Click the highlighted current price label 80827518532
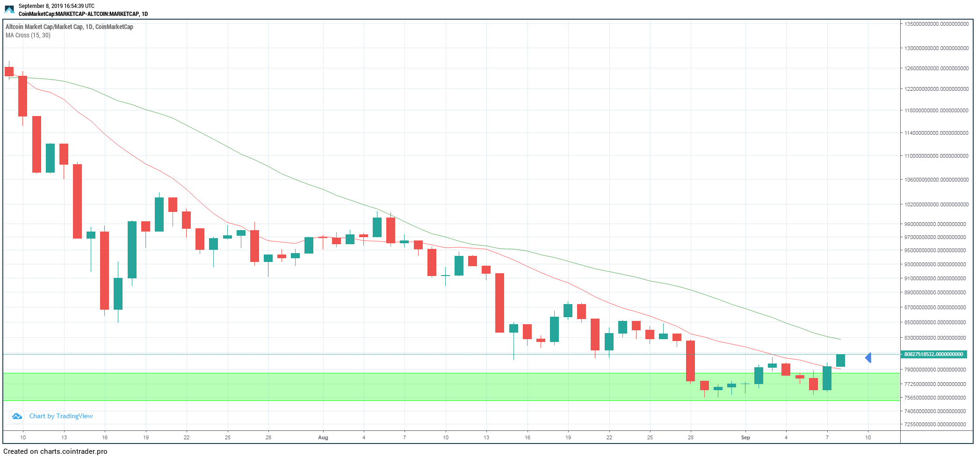pos(933,354)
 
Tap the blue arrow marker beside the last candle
pos(868,358)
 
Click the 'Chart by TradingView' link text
pos(61,416)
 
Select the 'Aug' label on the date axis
pos(323,437)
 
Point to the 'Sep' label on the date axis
pos(745,437)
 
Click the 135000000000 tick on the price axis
pos(936,24)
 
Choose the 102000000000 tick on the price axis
pos(936,204)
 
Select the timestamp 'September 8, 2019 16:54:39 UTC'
pos(57,6)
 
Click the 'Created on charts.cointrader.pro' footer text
pos(55,451)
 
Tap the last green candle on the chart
pos(840,360)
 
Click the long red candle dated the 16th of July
pos(104,270)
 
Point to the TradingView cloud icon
pos(17,416)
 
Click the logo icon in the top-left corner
pos(9,9)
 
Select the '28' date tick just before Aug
pos(268,437)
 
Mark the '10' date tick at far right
pos(868,437)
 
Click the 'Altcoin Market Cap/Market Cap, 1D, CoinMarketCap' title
pos(69,27)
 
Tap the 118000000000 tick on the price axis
pos(936,110)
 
